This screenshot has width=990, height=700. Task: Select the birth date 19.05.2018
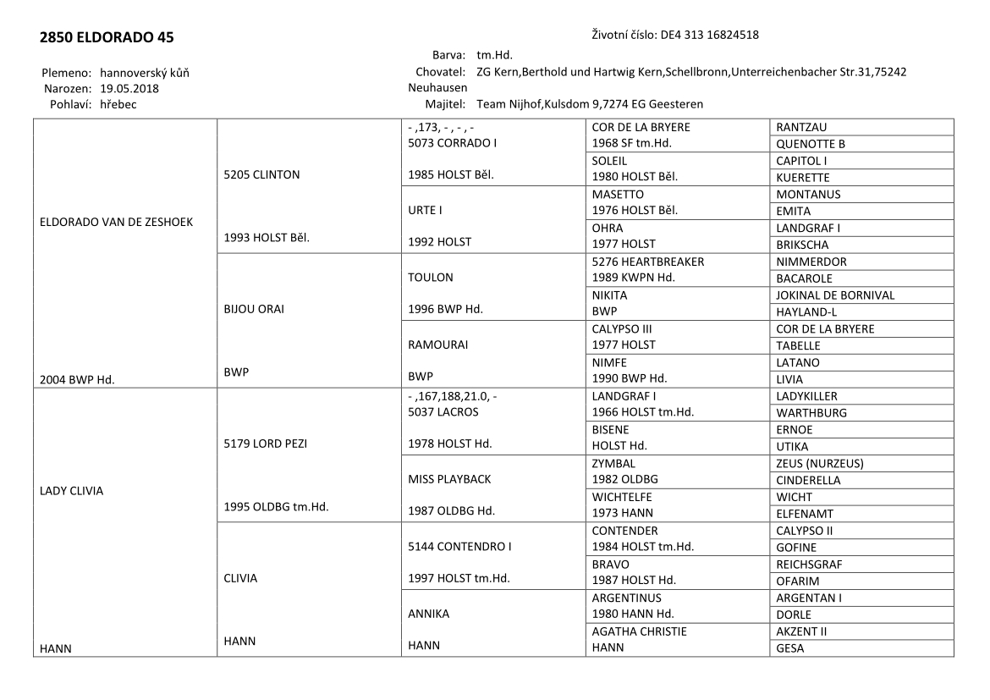[x=129, y=88]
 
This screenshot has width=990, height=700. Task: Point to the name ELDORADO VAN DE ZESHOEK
[x=117, y=222]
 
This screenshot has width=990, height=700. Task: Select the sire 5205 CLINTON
[x=263, y=175]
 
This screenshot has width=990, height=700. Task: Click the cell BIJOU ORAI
[x=255, y=309]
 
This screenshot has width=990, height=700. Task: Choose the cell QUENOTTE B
[x=810, y=144]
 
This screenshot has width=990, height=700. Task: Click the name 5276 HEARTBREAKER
[x=647, y=262]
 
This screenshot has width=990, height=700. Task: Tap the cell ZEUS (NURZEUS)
[x=819, y=463]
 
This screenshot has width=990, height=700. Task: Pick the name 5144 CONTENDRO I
[x=459, y=546]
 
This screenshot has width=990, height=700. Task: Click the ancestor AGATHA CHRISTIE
[x=639, y=631]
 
